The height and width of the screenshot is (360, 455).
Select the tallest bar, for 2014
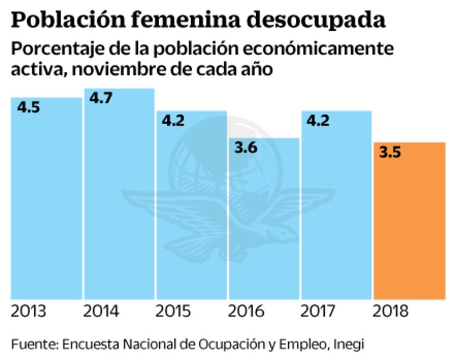(119, 195)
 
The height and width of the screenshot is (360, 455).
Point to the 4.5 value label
(28, 107)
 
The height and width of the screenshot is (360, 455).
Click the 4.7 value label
(101, 98)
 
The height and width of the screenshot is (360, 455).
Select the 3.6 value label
(246, 148)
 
